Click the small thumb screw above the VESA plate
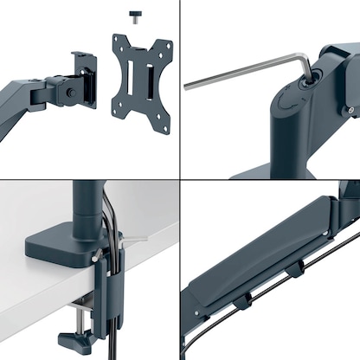click(x=136, y=15)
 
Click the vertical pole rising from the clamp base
click(x=87, y=208)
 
